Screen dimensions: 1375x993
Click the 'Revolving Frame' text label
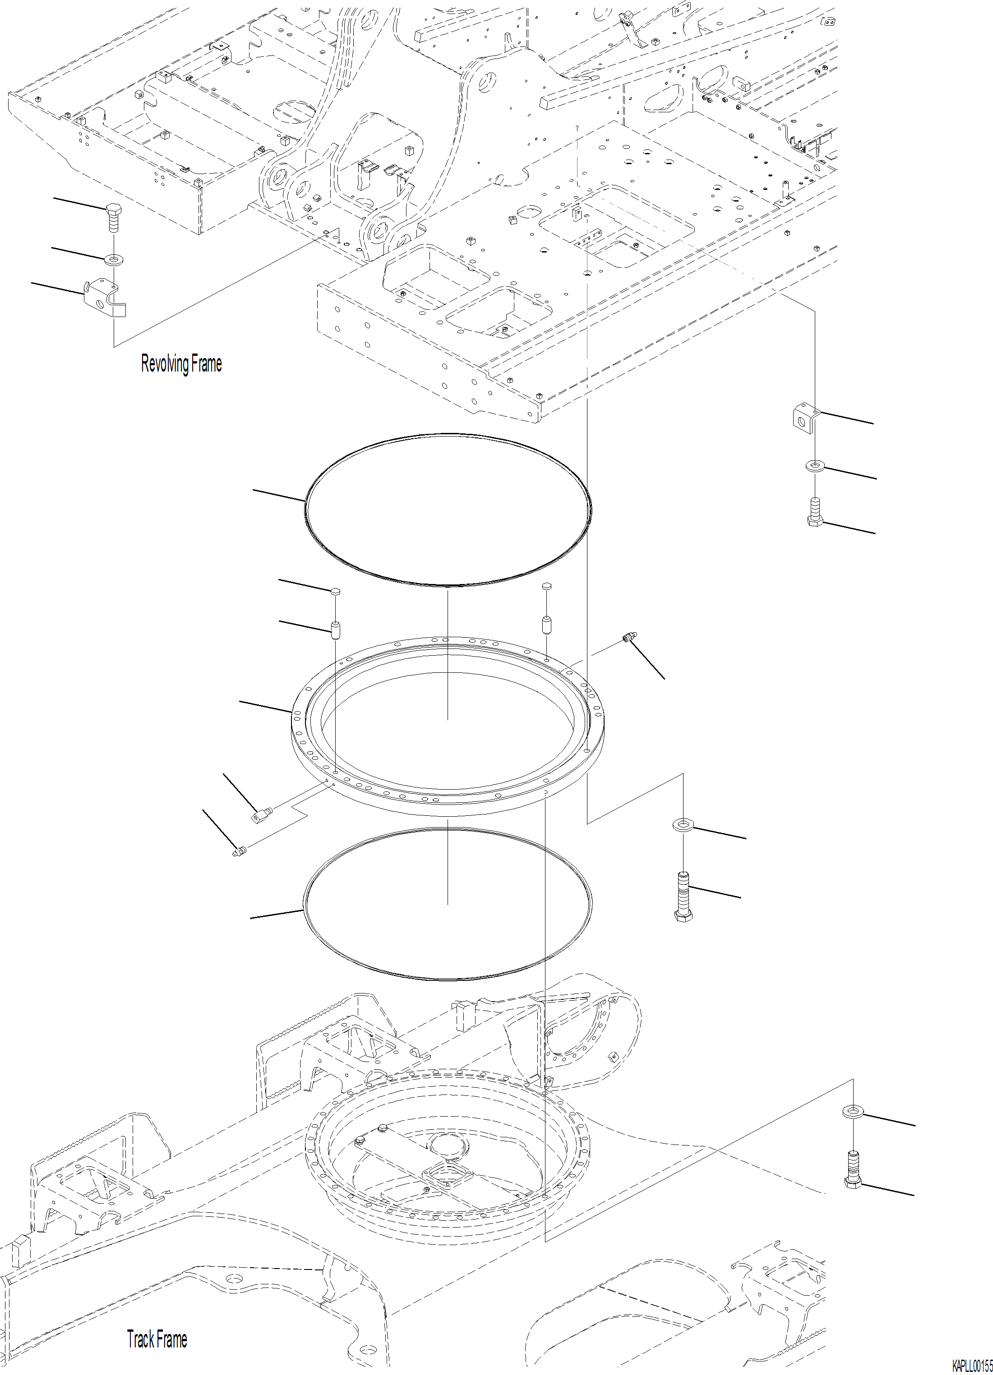pos(181,364)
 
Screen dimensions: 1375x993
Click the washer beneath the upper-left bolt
pos(113,260)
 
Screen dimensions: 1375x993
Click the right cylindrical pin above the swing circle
pos(546,625)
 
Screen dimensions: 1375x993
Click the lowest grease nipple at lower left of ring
pos(238,852)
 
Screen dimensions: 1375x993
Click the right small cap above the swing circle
pos(546,586)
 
